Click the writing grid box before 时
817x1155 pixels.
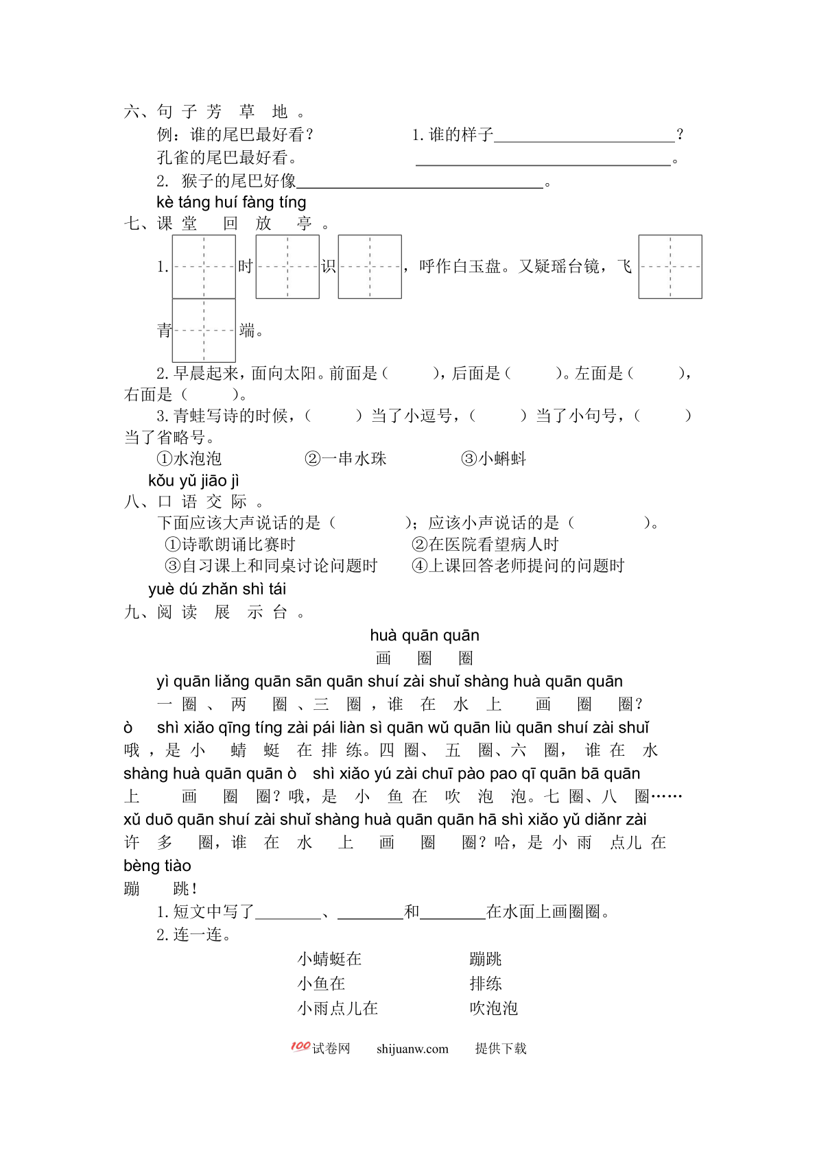coord(204,267)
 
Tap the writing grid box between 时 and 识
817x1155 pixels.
coord(287,267)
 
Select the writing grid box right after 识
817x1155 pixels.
coord(370,267)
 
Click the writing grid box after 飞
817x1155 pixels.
coord(670,267)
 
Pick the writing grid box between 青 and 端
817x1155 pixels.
coord(204,331)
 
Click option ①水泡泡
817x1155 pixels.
coord(189,459)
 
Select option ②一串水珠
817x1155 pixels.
coord(346,459)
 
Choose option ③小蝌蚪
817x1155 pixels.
coord(494,459)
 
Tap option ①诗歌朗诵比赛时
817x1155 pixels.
coord(230,545)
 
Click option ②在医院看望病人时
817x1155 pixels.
coord(485,545)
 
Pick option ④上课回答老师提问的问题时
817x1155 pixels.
coord(518,566)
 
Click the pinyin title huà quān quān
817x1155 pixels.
coord(425,636)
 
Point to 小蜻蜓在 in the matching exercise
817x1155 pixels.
coord(329,959)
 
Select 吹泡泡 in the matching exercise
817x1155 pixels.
coord(494,1008)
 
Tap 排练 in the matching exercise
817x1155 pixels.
coord(486,984)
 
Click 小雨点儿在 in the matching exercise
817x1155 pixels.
coord(338,1008)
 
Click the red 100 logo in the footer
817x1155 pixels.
coord(300,1047)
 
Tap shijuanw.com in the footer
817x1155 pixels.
coord(412,1049)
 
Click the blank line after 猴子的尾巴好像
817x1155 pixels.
coord(420,183)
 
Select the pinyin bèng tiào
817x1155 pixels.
coord(157,866)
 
